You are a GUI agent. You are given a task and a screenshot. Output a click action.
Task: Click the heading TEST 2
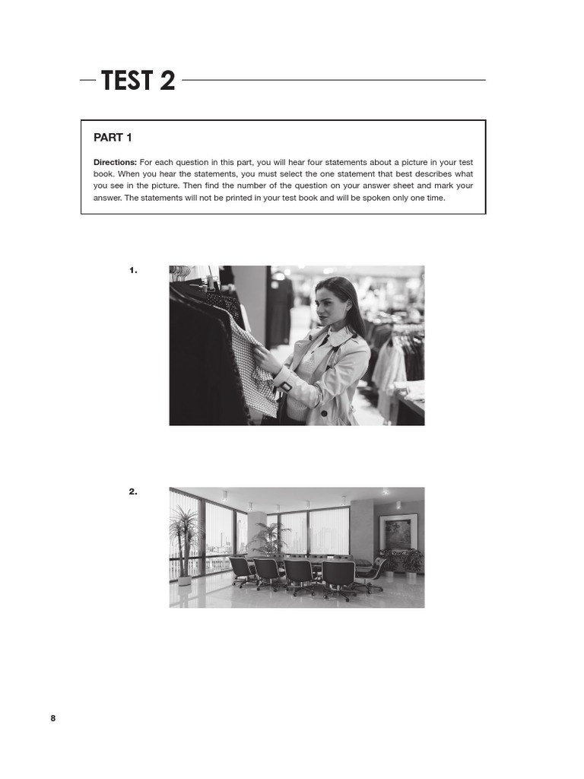point(138,80)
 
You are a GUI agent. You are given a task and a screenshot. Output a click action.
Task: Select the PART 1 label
point(113,138)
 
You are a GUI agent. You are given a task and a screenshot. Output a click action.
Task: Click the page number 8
point(53,718)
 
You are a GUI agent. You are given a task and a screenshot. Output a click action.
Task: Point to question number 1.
point(133,270)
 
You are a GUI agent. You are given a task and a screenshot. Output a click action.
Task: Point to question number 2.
point(133,491)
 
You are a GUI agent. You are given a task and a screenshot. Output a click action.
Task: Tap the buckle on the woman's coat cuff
point(286,386)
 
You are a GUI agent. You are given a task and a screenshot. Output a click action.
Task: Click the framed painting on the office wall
point(398,531)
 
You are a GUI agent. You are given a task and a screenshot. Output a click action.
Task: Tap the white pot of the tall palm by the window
point(184,579)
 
